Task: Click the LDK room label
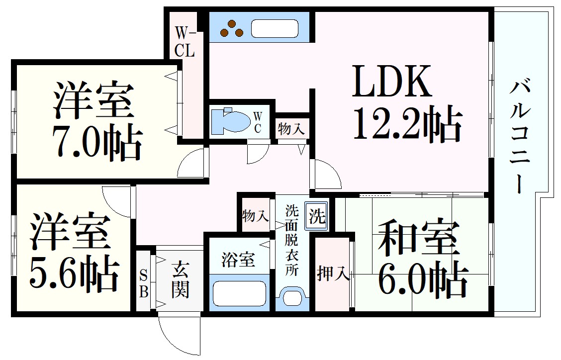point(391,81)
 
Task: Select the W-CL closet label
point(185,43)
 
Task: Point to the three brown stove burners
point(231,28)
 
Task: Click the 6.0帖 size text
point(422,280)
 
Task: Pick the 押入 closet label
point(332,274)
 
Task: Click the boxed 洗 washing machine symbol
point(316,216)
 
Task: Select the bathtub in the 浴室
point(239,293)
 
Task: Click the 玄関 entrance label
point(180,280)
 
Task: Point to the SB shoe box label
point(143,284)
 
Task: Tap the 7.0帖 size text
point(97,141)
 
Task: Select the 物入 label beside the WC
point(291,129)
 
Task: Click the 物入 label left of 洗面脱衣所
point(255,216)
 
